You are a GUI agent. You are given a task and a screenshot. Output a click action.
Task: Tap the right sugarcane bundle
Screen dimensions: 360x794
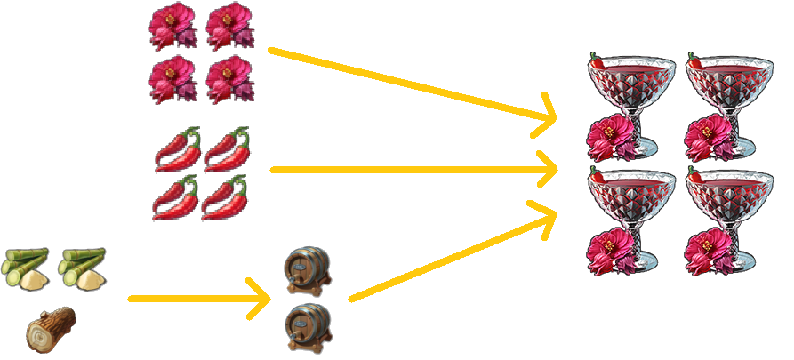pos(82,269)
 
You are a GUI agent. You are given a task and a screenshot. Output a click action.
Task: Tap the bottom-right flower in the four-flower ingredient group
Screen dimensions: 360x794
pos(229,79)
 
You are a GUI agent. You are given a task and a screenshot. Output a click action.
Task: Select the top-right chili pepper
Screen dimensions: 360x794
pos(228,149)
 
